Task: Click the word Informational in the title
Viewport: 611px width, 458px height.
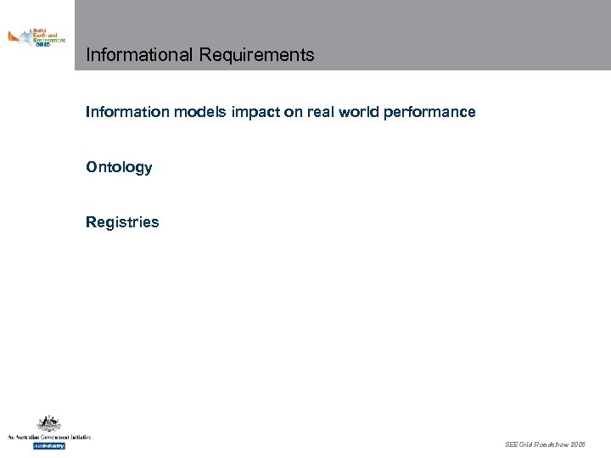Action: (140, 55)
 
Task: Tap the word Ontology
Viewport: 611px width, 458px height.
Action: (119, 167)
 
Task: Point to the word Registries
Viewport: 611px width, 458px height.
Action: (122, 222)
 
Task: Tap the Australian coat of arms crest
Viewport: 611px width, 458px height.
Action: (48, 424)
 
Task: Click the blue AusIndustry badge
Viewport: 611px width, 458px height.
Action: (48, 445)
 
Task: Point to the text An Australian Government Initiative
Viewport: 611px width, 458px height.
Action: (48, 437)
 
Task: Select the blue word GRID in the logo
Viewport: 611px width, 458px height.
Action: (42, 45)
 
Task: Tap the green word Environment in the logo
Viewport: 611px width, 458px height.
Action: (48, 40)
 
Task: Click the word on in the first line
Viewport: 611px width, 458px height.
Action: (293, 112)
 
